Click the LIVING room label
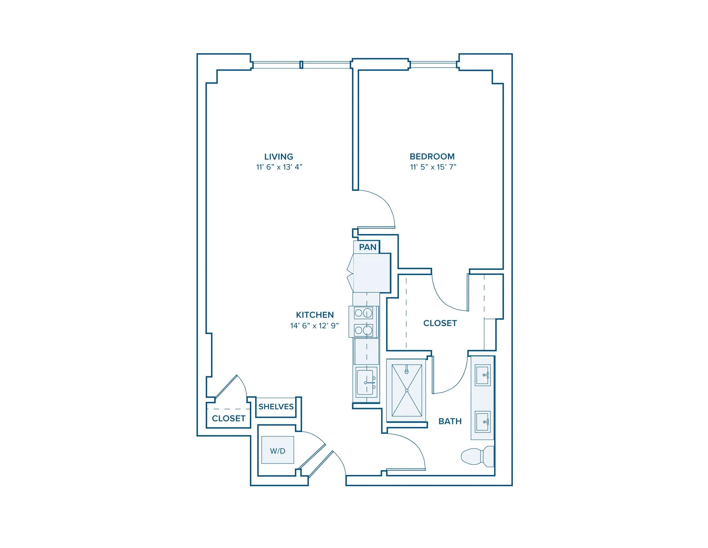279,156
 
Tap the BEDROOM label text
432,156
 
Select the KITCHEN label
315,315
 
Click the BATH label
450,421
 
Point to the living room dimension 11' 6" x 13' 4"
279,167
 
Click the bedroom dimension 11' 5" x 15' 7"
433,167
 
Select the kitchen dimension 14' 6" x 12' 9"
315,325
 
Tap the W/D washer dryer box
278,450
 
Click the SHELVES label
276,407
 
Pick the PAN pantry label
368,247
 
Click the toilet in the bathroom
477,456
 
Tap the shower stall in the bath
407,390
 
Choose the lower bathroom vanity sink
483,422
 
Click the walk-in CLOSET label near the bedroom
440,323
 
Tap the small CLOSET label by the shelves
229,419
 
